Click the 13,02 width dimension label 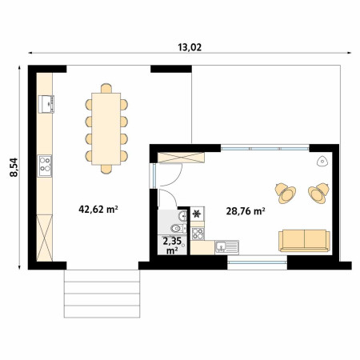[x=190, y=47]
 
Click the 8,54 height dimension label [x=14, y=167]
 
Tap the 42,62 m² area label [x=98, y=210]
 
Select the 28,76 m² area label [x=246, y=211]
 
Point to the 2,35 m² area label [x=172, y=246]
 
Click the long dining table [x=106, y=129]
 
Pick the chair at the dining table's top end [x=106, y=88]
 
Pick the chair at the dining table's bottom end [x=106, y=170]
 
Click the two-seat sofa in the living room [x=304, y=241]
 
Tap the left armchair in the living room [x=286, y=193]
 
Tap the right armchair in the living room [x=318, y=193]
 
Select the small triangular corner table [x=322, y=162]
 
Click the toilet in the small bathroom [x=178, y=228]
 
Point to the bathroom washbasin [x=183, y=215]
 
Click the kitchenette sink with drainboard [x=227, y=246]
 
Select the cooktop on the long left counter [x=45, y=166]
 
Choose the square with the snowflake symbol [x=197, y=214]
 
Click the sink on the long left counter [x=46, y=104]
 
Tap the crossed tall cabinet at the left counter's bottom [x=45, y=238]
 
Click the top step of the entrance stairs [x=102, y=276]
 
